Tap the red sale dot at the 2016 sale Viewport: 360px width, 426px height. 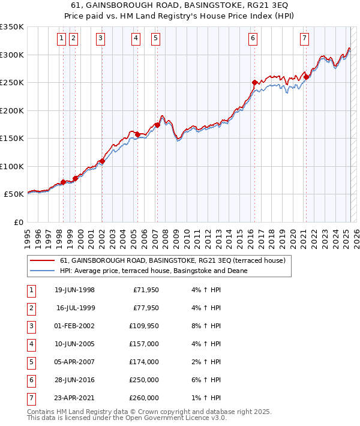click(x=254, y=82)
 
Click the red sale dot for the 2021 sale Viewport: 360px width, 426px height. click(x=306, y=77)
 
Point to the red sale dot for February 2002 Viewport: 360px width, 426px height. click(x=102, y=161)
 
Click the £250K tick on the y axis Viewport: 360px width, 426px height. click(x=12, y=83)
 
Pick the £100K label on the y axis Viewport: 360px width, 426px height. click(x=12, y=166)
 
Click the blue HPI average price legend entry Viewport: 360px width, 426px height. click(x=153, y=271)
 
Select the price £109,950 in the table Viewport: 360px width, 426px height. click(x=145, y=326)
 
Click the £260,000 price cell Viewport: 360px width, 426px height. click(x=145, y=397)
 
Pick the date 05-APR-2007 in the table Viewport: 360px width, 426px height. click(x=74, y=362)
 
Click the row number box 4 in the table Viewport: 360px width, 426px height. click(x=31, y=344)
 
